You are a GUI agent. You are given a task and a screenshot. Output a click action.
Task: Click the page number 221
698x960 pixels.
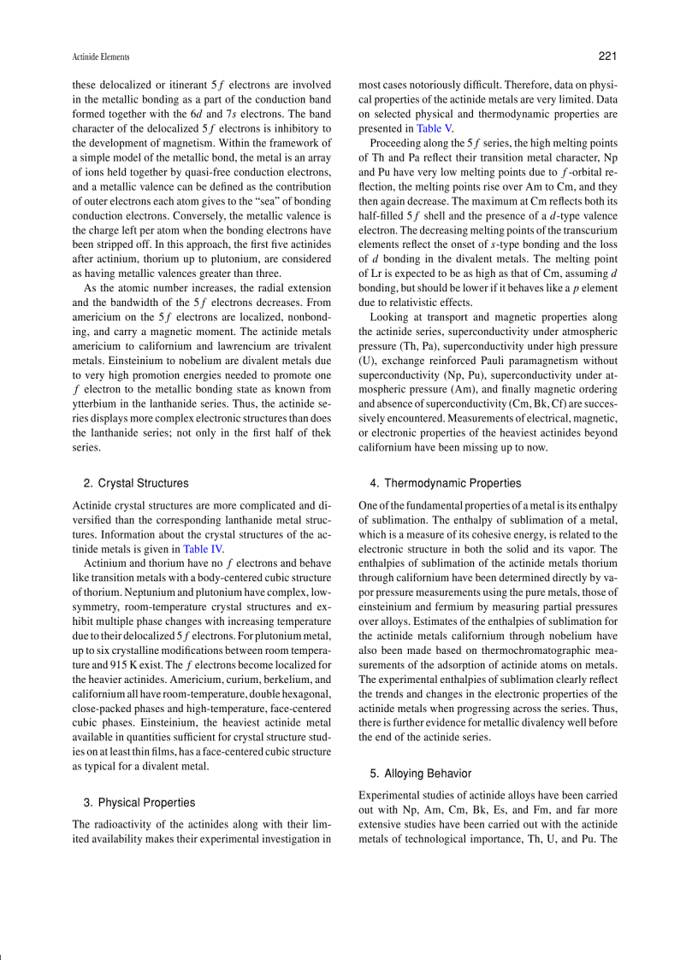[x=607, y=56]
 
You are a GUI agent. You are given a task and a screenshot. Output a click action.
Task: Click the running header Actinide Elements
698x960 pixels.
[x=101, y=57]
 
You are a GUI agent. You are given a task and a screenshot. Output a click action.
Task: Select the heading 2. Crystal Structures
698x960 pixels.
[x=136, y=484]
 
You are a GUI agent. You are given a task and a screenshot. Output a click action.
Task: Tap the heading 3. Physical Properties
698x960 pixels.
[x=139, y=803]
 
